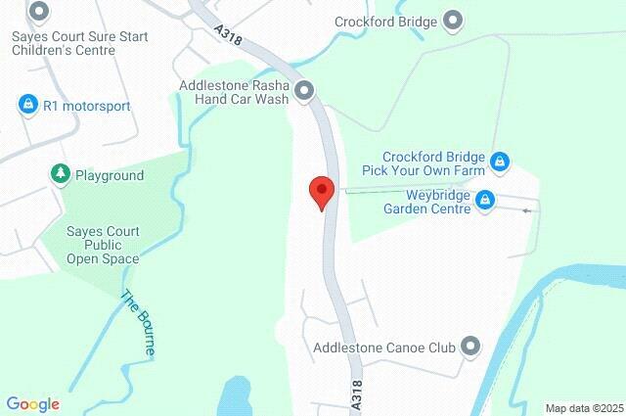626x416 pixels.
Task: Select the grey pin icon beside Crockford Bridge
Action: tap(453, 20)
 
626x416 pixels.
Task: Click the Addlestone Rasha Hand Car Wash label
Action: tap(235, 92)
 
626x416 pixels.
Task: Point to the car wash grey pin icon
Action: tap(304, 91)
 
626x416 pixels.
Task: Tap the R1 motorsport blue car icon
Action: tap(27, 104)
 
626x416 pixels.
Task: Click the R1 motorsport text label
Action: tap(87, 105)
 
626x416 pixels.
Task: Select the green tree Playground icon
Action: tap(61, 174)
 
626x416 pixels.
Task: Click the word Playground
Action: tap(111, 175)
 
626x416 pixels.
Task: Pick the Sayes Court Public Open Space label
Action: tap(103, 245)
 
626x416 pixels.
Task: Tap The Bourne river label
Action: tap(137, 315)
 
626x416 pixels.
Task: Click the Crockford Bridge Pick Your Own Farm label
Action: tap(433, 162)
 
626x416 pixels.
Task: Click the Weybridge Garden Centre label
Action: tap(426, 200)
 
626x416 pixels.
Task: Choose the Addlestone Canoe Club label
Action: tap(385, 347)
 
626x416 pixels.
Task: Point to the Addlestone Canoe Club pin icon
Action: tap(470, 347)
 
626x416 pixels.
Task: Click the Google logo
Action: tap(33, 403)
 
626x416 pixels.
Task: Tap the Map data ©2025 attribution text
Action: tap(584, 408)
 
